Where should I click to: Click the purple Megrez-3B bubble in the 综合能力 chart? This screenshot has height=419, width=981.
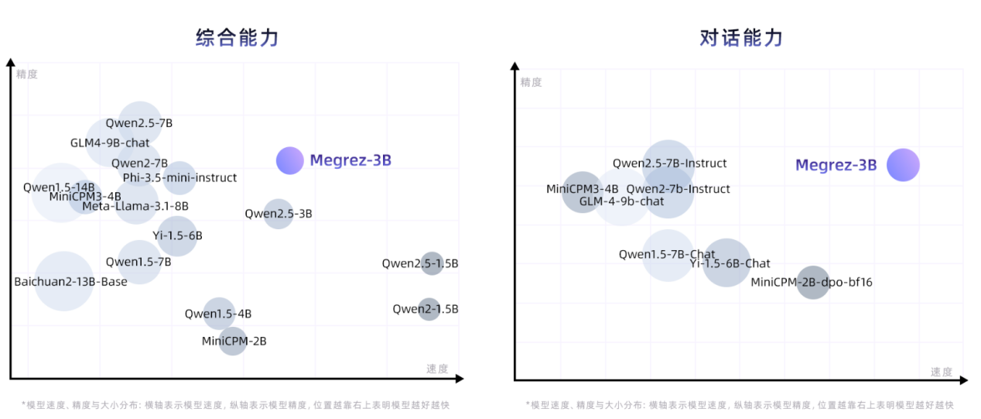(x=290, y=160)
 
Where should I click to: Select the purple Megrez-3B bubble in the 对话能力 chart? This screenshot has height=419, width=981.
(x=903, y=165)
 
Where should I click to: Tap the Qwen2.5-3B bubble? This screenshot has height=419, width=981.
(x=279, y=213)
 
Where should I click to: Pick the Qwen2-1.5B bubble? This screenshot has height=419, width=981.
(x=429, y=309)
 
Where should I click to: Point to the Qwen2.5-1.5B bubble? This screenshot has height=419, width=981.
(x=432, y=263)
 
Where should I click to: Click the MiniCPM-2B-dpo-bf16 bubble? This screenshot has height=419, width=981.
(x=813, y=282)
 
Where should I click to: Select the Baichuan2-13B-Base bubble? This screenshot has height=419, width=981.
(x=64, y=281)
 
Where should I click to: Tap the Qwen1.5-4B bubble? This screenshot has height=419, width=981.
(x=219, y=314)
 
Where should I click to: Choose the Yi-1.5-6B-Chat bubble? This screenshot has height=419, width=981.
(x=726, y=263)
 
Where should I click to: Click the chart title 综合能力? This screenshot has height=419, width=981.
(x=237, y=37)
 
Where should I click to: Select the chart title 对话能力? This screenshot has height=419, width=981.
(x=741, y=37)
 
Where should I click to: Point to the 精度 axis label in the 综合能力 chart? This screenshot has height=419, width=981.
(x=27, y=74)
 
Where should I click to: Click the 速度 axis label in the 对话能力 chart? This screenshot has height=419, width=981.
(x=942, y=372)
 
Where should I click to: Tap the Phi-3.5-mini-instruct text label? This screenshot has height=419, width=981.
(x=179, y=177)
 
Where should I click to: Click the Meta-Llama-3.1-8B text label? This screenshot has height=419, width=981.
(x=135, y=206)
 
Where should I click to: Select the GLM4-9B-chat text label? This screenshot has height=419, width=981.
(x=110, y=143)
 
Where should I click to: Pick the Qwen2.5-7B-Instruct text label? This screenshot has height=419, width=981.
(x=670, y=163)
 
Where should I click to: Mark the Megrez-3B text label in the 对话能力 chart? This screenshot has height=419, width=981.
(x=836, y=165)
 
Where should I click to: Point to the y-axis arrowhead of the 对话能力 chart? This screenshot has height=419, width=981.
(x=514, y=66)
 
